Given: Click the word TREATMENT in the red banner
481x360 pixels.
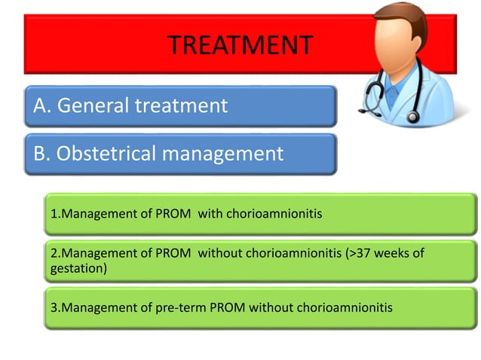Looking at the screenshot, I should click(240, 45).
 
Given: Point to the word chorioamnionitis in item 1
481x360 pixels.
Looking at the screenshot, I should click(271, 214).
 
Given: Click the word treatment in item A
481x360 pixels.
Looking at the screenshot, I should click(180, 106).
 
